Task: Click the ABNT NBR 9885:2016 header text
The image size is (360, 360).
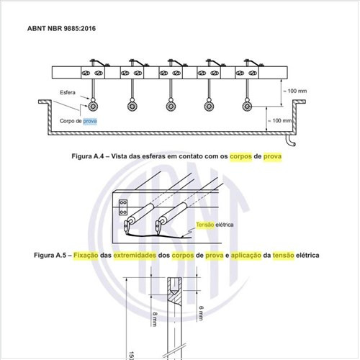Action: click(x=61, y=28)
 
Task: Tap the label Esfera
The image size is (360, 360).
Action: click(x=68, y=92)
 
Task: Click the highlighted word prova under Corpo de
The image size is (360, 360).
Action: click(x=90, y=121)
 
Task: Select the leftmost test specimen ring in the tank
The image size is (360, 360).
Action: click(x=93, y=106)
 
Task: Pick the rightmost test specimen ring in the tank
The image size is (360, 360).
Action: click(x=247, y=106)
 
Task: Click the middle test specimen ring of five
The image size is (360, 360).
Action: click(x=171, y=106)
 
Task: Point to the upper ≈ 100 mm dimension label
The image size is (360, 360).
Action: click(x=294, y=91)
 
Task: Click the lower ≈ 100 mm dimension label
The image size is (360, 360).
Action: click(x=279, y=120)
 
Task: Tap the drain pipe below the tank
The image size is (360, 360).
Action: click(x=290, y=141)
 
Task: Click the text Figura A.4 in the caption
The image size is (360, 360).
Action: click(x=88, y=156)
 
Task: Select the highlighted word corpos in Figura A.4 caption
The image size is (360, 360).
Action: click(x=240, y=156)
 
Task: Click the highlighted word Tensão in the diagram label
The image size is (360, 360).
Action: click(x=204, y=225)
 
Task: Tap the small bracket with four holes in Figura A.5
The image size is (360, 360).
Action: click(x=123, y=207)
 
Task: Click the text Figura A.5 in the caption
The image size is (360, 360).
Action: click(x=50, y=255)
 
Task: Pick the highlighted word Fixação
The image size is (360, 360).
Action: click(x=86, y=256)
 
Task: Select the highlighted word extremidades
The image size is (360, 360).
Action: click(x=135, y=256)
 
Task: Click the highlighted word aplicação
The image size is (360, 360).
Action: click(x=246, y=256)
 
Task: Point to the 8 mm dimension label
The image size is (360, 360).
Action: click(x=155, y=319)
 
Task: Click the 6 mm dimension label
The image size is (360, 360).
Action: click(x=201, y=313)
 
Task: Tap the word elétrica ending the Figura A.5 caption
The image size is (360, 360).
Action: click(x=307, y=255)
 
